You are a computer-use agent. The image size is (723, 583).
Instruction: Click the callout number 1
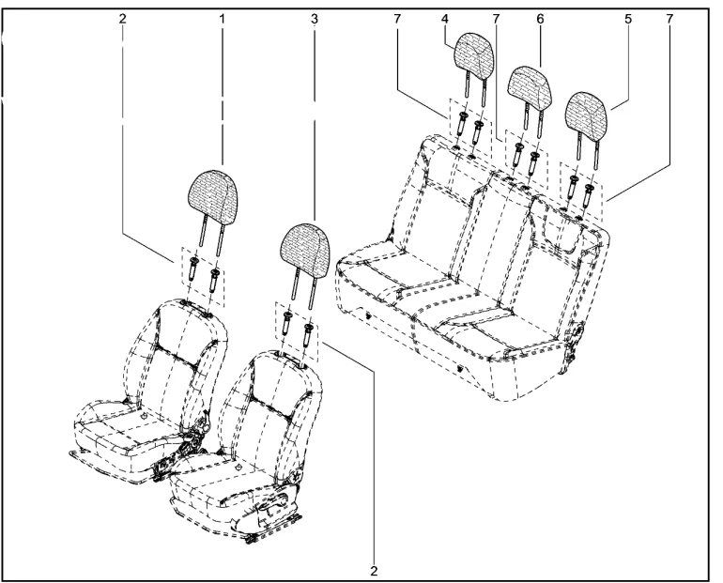click(x=223, y=19)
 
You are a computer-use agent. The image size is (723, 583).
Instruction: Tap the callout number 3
click(x=315, y=19)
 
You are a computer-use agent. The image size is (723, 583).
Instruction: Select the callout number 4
click(x=444, y=19)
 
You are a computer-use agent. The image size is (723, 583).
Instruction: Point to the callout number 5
click(x=628, y=19)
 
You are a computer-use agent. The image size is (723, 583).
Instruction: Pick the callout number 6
click(x=541, y=19)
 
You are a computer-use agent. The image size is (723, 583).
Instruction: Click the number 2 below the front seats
click(x=374, y=571)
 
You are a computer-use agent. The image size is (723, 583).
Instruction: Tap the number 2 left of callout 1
click(x=122, y=19)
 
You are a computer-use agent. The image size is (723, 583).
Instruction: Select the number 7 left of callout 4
click(x=397, y=19)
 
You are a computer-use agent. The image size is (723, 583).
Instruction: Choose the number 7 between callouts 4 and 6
click(x=496, y=19)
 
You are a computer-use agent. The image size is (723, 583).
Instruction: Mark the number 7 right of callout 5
click(x=669, y=19)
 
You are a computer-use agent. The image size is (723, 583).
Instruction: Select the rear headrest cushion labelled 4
click(x=475, y=53)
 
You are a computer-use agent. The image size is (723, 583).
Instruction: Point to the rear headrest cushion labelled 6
click(x=531, y=85)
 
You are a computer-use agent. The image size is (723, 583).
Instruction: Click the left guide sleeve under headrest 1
click(x=192, y=270)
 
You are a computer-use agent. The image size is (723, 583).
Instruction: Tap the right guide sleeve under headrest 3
click(x=308, y=335)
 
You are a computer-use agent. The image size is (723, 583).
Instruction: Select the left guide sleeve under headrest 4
click(x=462, y=124)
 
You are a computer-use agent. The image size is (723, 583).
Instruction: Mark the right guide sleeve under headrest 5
click(x=589, y=194)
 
